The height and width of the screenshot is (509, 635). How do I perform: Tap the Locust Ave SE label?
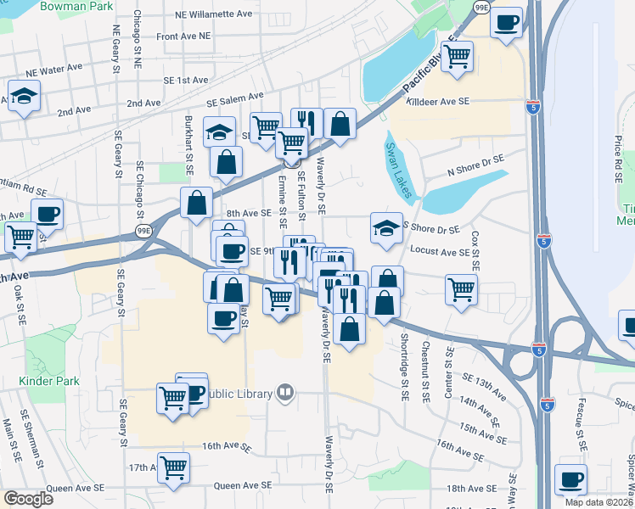[x=440, y=252]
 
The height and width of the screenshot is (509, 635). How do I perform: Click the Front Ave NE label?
[x=183, y=36]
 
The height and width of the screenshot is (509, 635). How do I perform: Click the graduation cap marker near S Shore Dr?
[x=386, y=227]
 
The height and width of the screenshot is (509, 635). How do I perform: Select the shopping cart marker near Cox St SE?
[x=461, y=288]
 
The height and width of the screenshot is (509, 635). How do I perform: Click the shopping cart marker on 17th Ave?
[x=173, y=467]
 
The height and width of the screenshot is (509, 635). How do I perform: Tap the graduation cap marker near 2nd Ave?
[x=24, y=96]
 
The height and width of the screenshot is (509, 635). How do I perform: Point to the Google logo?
[x=28, y=499]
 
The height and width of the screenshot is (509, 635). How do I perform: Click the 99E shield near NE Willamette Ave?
[x=481, y=8]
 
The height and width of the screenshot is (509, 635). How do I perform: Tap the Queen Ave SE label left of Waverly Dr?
[x=243, y=485]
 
